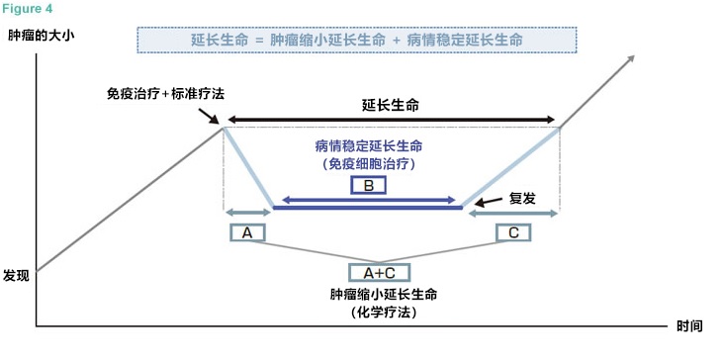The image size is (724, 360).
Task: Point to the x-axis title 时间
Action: [689, 326]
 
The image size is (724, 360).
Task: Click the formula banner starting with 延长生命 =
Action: [356, 41]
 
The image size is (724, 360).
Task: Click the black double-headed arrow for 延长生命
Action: [392, 120]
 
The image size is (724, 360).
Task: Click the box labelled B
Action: [367, 185]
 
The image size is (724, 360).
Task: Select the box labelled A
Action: [247, 232]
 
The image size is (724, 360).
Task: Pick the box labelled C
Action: [512, 232]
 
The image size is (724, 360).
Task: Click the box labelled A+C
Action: [380, 272]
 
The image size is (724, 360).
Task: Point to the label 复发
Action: [521, 198]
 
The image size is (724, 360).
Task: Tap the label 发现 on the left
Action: [17, 276]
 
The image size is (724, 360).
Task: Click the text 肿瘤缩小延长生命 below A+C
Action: [383, 295]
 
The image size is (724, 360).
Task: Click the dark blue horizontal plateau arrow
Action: [367, 207]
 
